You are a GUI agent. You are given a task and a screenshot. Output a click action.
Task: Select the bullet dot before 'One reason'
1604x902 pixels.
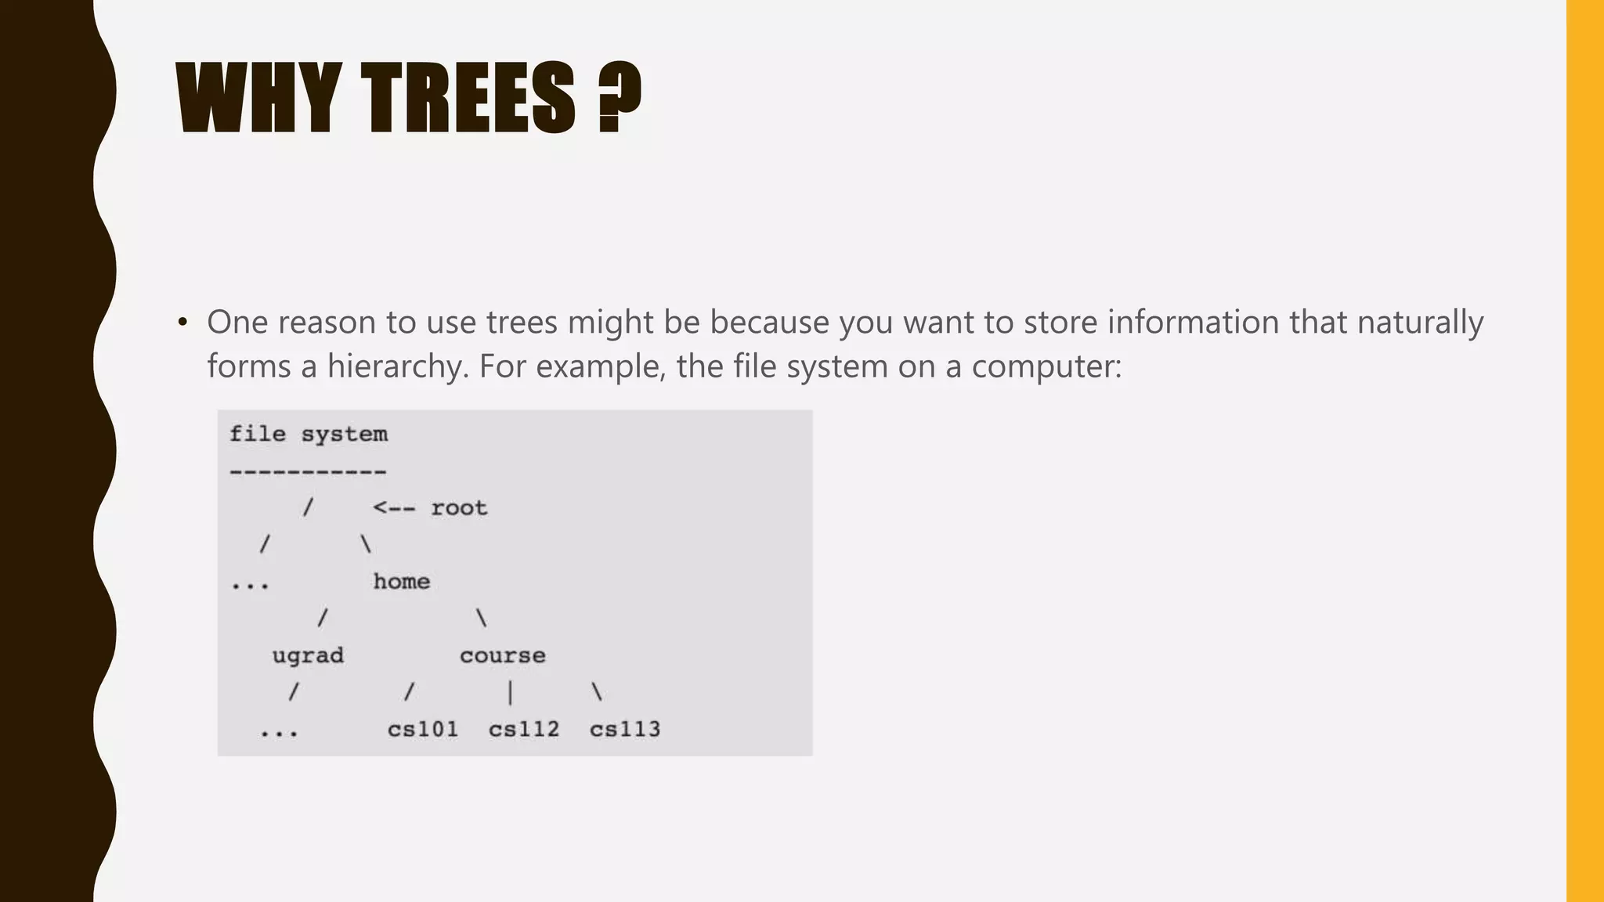coord(182,322)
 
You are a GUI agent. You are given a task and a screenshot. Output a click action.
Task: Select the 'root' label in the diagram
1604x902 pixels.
coord(459,508)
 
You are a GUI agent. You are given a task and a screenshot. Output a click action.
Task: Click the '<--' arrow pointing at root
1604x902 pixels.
coord(394,508)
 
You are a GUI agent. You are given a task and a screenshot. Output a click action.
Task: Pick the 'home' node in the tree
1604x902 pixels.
coord(401,582)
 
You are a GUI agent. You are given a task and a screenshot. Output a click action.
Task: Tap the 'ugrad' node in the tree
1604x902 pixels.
coord(308,655)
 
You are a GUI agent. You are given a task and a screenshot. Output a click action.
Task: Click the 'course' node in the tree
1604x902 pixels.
coord(502,655)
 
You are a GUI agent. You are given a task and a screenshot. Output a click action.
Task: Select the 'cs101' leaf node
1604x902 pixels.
coord(422,730)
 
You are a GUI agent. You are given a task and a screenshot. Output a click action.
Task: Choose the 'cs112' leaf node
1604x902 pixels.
coord(524,730)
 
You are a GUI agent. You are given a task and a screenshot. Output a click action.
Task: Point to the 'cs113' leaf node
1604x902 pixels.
coord(625,730)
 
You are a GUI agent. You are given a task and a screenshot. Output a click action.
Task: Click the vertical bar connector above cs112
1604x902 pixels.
coord(510,693)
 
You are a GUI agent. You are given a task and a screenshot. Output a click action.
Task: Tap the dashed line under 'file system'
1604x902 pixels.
coord(308,471)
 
